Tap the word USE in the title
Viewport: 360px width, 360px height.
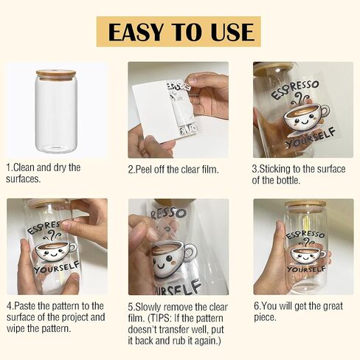(232, 32)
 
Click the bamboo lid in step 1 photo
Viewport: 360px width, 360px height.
(56, 75)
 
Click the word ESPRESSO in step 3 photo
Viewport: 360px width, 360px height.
(295, 89)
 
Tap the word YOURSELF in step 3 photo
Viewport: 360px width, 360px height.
(311, 138)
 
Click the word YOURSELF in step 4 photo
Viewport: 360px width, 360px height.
(57, 267)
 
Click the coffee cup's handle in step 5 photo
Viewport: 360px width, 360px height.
(190, 252)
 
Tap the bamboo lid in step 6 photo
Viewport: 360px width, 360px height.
(305, 206)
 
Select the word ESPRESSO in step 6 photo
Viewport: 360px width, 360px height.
(305, 235)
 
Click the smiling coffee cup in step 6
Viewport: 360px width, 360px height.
(308, 255)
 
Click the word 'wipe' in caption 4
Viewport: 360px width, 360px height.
(15, 328)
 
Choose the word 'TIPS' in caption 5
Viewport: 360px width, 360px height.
(160, 319)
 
